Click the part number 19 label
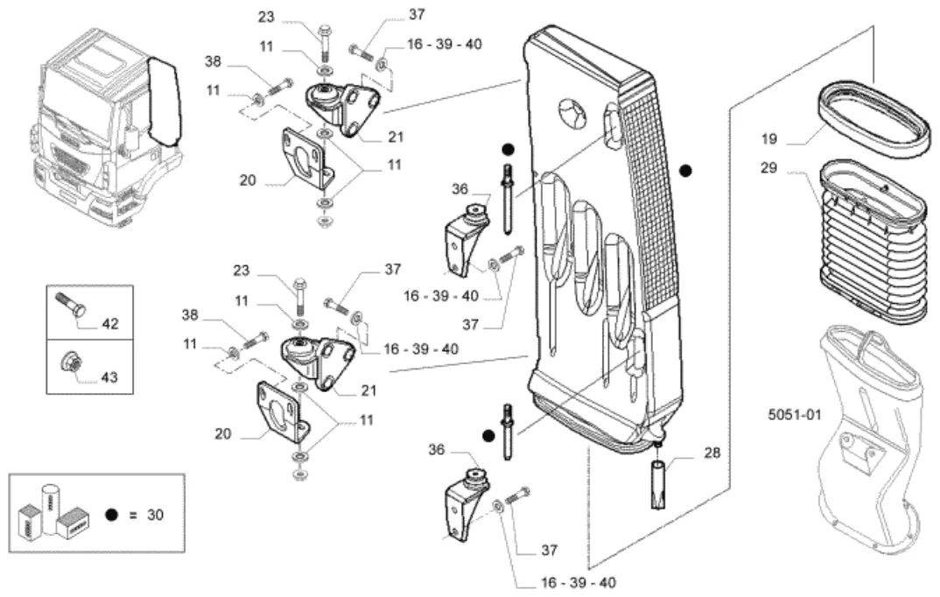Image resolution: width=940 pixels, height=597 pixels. pos(769,139)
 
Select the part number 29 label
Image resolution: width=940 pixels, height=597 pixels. pos(769,168)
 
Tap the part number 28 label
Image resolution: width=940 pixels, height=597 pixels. pos(712,453)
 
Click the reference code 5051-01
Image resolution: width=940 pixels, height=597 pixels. pos(795,414)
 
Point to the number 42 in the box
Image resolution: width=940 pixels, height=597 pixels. pos(110,324)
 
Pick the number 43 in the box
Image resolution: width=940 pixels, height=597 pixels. pos(109,377)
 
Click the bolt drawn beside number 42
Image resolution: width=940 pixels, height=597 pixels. pos(70,305)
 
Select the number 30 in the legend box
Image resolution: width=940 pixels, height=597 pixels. pos(155,515)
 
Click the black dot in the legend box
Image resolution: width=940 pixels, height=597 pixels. pos(111,515)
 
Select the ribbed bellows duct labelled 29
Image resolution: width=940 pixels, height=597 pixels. pos(874,239)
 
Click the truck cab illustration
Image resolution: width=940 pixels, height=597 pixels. pos(107,126)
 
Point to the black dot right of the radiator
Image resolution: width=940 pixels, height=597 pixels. pos(686,171)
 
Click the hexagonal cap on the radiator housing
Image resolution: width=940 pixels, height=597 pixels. pos(572,113)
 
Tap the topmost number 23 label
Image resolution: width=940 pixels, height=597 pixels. pos(266,17)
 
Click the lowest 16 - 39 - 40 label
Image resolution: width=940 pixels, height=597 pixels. pos(579,583)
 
